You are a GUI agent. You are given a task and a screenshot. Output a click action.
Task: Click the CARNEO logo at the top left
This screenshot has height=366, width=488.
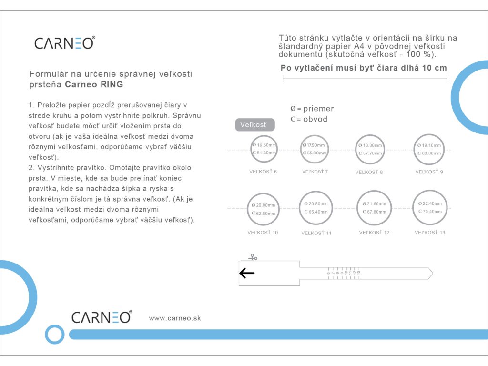point(64,43)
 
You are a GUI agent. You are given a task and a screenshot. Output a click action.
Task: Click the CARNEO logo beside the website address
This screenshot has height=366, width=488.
point(102,317)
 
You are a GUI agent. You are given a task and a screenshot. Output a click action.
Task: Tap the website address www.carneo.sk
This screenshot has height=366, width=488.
point(175,318)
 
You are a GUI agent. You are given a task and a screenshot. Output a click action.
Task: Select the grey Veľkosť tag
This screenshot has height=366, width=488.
point(255,125)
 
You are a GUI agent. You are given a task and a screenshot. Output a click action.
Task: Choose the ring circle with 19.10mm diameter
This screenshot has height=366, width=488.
point(429,149)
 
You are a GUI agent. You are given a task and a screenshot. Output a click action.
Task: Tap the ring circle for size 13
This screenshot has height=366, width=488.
point(430,207)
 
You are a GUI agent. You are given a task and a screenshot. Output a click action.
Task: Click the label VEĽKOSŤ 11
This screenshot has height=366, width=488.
point(316,233)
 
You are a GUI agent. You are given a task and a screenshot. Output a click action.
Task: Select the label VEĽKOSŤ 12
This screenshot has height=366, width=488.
point(374,233)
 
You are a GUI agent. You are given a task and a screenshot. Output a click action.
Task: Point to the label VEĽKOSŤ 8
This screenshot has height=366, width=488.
point(369,172)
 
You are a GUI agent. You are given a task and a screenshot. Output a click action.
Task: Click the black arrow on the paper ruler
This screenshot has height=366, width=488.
point(247,273)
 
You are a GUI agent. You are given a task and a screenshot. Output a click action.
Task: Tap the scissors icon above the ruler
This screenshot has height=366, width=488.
point(253,257)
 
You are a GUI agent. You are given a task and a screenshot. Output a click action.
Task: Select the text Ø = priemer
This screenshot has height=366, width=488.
point(312,109)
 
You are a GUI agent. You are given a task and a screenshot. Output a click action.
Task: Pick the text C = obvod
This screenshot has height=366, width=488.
point(309,119)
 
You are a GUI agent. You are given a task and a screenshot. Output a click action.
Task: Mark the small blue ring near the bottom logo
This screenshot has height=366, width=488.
point(54,334)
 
